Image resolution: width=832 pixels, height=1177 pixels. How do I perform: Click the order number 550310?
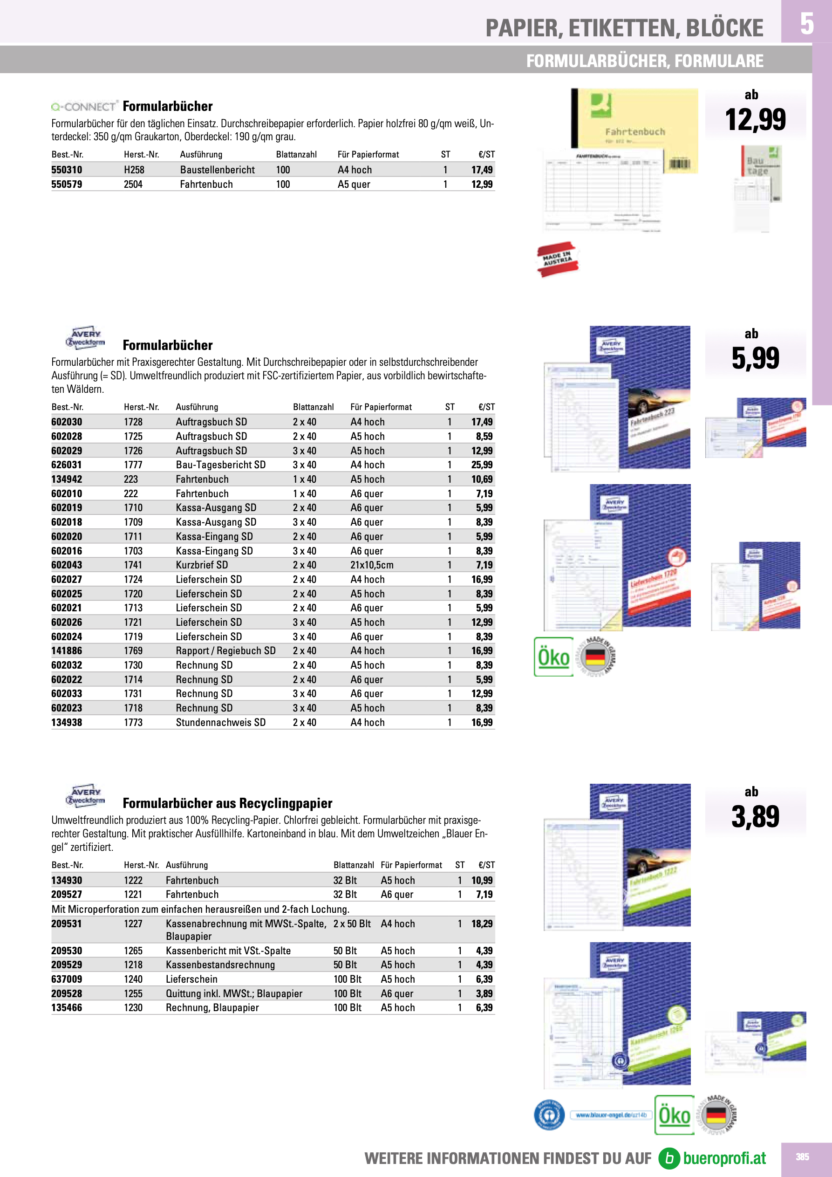[67, 170]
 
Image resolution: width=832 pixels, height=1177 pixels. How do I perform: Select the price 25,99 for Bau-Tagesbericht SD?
[482, 465]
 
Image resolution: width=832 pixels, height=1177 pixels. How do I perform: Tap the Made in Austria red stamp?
[557, 259]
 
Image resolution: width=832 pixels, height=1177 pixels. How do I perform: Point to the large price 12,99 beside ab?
[755, 120]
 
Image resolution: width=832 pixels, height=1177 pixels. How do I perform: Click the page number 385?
[802, 1157]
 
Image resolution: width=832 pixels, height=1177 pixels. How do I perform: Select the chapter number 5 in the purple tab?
[806, 24]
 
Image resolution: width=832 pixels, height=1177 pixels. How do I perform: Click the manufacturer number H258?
[134, 170]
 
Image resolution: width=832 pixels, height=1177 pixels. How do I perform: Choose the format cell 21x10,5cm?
[372, 565]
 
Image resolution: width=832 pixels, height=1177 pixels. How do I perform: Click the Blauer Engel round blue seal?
[549, 1115]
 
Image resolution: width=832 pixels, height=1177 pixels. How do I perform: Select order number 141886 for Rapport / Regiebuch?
[67, 650]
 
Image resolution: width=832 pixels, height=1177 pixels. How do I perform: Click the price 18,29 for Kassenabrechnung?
[482, 924]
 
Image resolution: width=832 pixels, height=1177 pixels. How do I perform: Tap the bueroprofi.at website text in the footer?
[724, 1158]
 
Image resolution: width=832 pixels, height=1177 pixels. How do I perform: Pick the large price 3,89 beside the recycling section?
[755, 817]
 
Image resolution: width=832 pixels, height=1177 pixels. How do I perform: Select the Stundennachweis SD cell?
[220, 722]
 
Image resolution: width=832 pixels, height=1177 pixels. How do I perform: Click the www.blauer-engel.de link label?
[611, 1115]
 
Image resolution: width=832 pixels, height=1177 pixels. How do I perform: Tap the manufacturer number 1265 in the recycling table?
[133, 951]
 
